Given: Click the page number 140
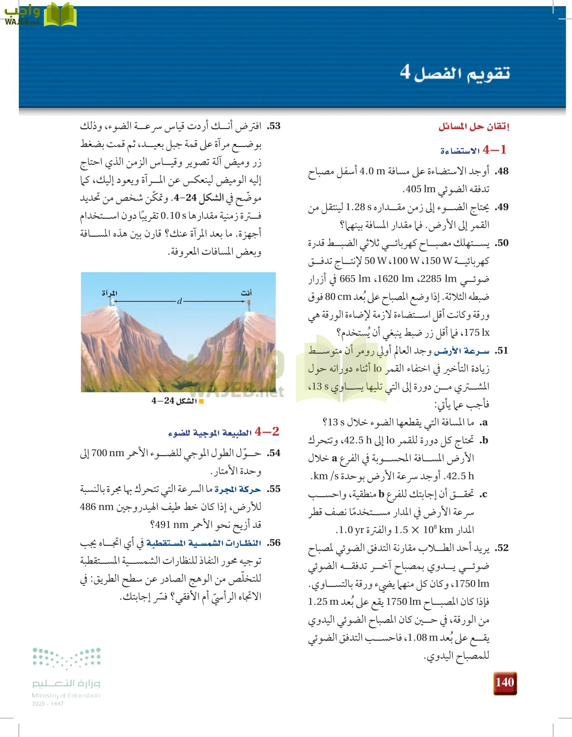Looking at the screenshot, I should coord(504,682).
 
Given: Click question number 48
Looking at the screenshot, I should coord(502,171).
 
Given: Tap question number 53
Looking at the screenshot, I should coord(274,126).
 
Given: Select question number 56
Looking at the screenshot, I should coord(274,543).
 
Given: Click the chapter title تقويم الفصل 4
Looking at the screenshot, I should coord(455,73).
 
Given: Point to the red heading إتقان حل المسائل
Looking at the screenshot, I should coord(474,126).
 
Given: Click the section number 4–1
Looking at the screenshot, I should coord(495,150).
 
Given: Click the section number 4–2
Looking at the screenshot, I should coord(267,432).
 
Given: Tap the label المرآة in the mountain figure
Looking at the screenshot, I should coord(109,293).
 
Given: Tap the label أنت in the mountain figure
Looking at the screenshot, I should coord(246,293).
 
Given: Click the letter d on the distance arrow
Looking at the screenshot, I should coord(179,301).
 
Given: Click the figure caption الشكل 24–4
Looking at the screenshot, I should coord(175,401).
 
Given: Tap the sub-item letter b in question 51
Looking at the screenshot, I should coord(484,441).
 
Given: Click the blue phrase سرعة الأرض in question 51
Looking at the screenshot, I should coord(462,351).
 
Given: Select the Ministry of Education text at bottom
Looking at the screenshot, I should coord(66,695).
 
